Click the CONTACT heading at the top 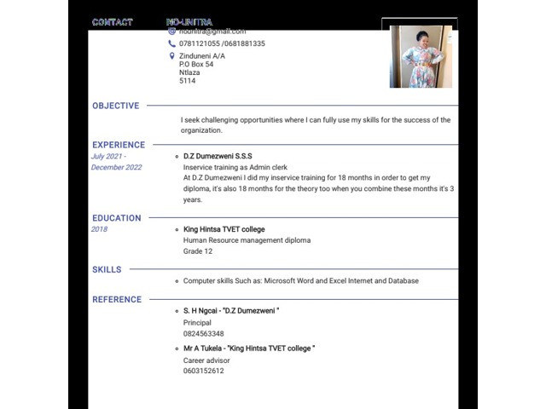113,22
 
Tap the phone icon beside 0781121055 172,43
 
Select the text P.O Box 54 196,65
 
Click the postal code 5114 187,82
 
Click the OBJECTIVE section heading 115,107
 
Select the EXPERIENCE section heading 119,145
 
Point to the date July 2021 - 108,157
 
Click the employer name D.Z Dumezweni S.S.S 218,157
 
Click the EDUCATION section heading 117,218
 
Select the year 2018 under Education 99,229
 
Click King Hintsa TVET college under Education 224,229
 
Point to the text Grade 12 198,251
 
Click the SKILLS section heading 107,270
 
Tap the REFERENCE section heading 117,300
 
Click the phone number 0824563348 203,334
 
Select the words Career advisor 206,360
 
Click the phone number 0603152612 203,371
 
